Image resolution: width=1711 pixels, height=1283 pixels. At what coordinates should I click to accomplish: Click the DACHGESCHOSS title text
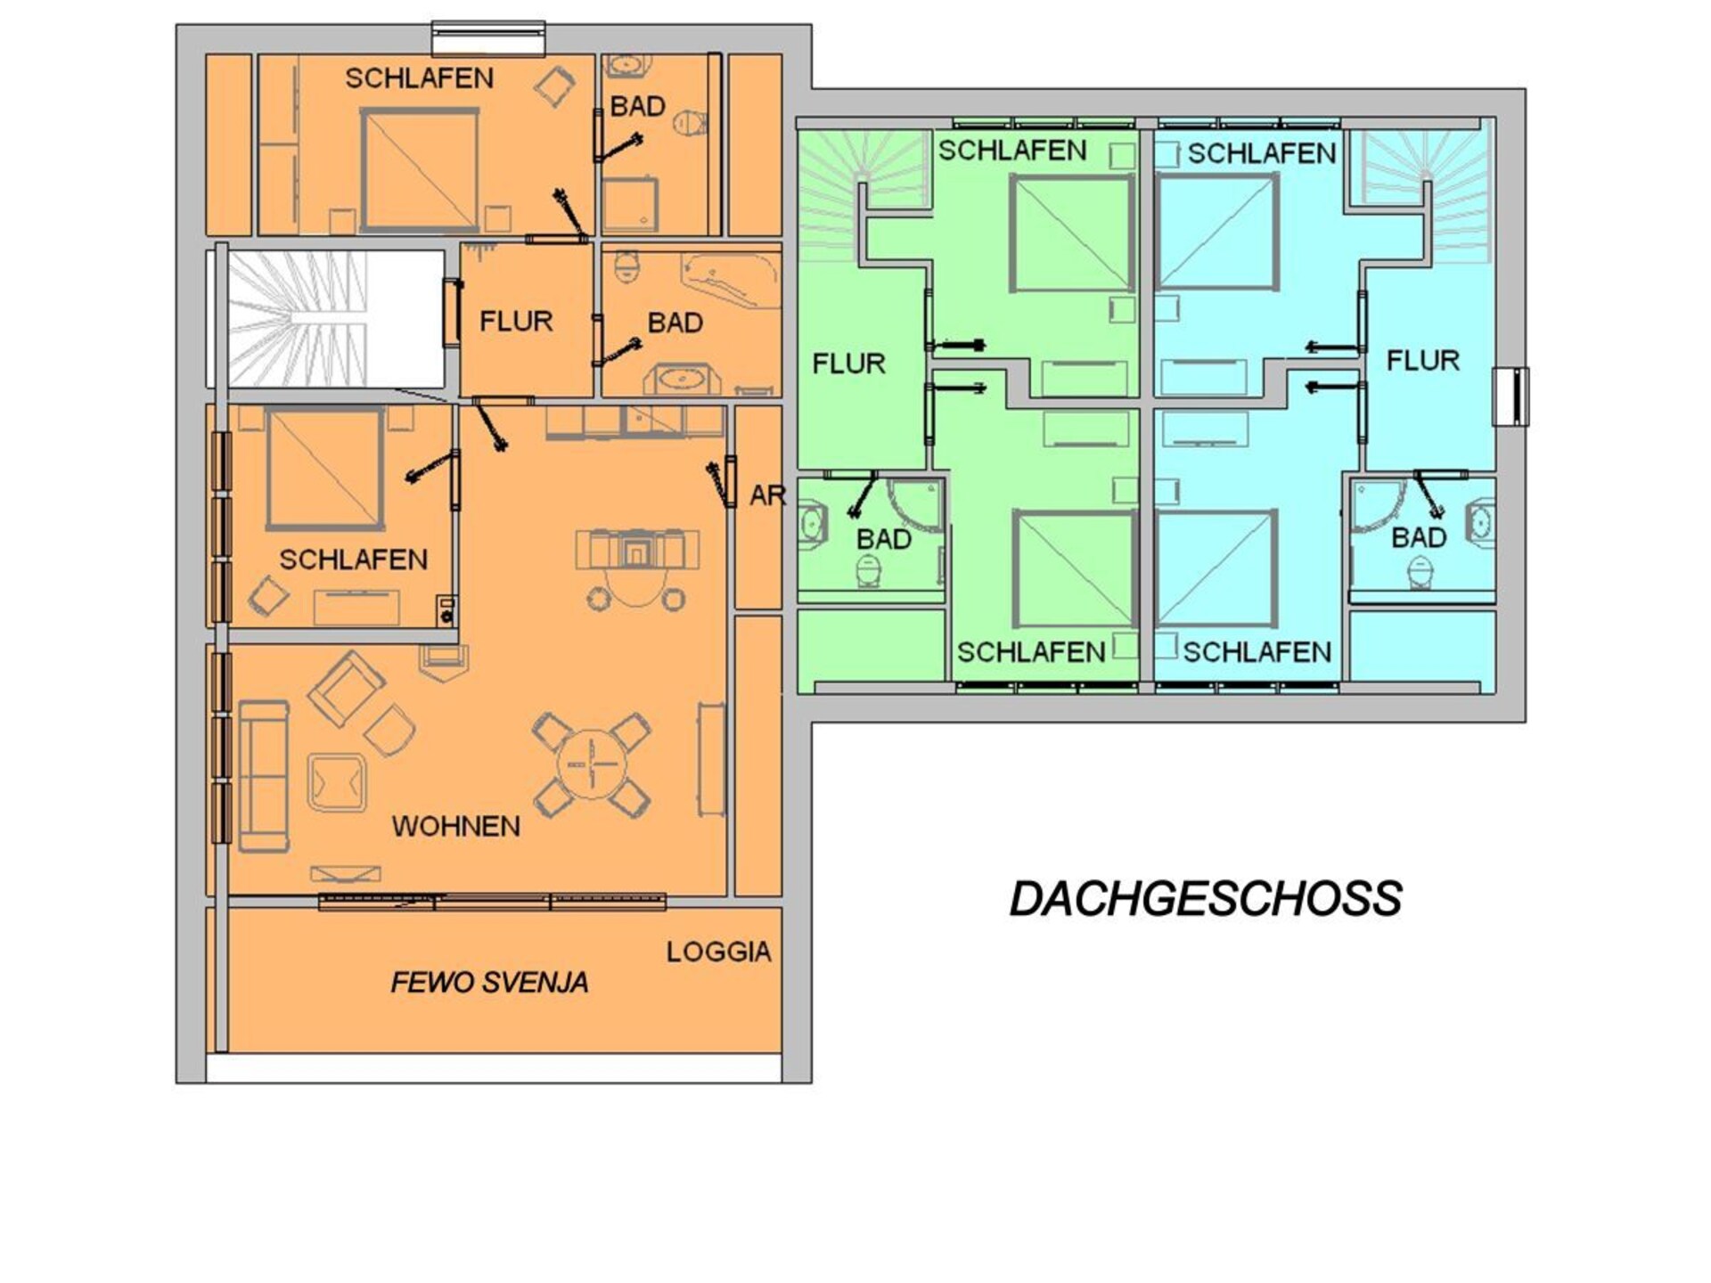click(1206, 899)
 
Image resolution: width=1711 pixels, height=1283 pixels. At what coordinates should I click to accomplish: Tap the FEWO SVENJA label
click(489, 983)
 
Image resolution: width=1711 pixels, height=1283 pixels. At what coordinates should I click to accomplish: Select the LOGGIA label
click(718, 952)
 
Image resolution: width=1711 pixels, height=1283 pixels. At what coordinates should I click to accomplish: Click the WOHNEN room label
click(456, 826)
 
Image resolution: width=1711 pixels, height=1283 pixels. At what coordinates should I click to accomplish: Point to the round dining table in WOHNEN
click(592, 764)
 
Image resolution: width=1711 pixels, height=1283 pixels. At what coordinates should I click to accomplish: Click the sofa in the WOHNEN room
click(264, 775)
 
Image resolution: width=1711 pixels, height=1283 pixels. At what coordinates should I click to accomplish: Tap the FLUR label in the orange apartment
click(516, 321)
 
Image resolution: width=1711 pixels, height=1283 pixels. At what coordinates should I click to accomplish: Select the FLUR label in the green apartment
click(848, 364)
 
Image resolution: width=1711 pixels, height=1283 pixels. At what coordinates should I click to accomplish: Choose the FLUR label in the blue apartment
click(1423, 361)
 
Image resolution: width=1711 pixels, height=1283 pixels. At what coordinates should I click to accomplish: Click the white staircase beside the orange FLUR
click(335, 319)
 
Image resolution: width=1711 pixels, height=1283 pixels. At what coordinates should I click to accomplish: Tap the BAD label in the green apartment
click(883, 539)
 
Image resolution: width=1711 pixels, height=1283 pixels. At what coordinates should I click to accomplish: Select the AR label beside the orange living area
click(767, 495)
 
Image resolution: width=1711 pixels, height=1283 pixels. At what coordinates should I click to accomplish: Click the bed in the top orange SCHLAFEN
click(419, 170)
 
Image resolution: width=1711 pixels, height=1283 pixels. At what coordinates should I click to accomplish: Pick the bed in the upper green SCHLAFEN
click(1072, 233)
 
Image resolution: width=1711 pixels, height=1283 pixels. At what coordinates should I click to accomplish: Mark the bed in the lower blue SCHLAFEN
click(1216, 569)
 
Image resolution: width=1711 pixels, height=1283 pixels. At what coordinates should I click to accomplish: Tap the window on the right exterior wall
click(1510, 396)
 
